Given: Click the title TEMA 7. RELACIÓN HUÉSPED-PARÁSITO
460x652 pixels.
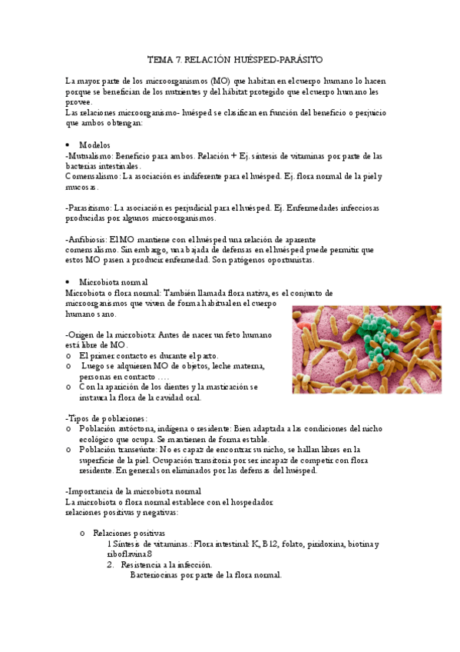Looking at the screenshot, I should coord(235,59).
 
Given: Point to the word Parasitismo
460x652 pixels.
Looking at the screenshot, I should coord(89,208).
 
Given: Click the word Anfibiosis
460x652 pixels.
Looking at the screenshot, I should coord(87,240).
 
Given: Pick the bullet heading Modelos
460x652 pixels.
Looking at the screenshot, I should coord(94,145).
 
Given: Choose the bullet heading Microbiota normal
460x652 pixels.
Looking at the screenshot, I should coord(114,282).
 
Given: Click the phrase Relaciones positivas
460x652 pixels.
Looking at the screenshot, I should coord(128,533).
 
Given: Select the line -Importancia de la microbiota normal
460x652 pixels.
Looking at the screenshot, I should coord(134,491).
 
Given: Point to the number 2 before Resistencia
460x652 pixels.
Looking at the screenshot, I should coord(110,564).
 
